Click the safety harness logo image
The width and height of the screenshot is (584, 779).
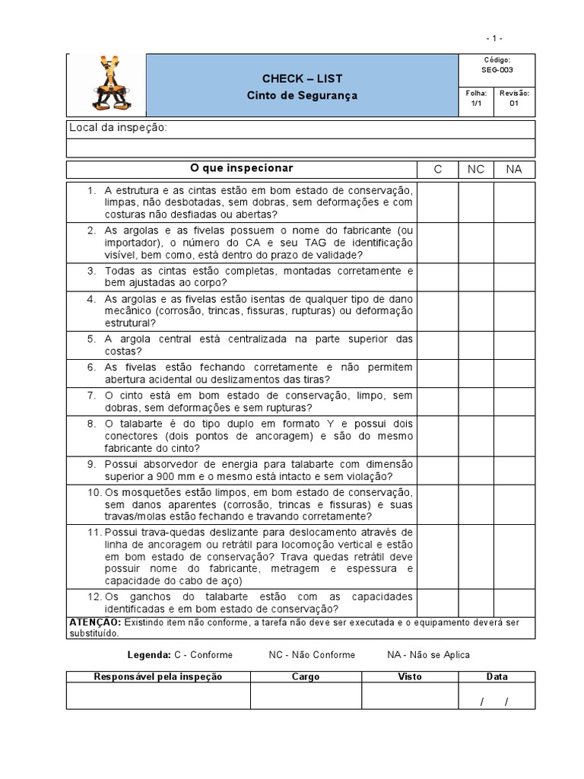pos(106,85)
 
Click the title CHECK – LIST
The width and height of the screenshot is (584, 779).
pos(302,78)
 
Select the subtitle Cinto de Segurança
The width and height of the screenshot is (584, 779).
pos(302,96)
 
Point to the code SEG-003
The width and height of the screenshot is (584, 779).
pos(497,69)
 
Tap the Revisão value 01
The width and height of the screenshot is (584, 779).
pos(514,103)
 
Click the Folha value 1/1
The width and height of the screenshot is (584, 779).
pos(476,103)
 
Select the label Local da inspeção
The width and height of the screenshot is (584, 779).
pos(118,127)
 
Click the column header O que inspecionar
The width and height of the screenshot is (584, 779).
pos(241,168)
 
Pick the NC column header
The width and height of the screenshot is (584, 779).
pos(475,169)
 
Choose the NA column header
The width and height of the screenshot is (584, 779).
pos(514,169)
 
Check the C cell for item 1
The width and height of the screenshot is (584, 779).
pos(436,202)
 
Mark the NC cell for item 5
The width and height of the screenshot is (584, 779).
pos(475,345)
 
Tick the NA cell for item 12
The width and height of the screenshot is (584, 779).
pos(514,603)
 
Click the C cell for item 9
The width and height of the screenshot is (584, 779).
pos(436,470)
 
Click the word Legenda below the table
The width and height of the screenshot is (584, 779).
pos(149,654)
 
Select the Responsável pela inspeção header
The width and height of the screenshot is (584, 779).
pos(157,676)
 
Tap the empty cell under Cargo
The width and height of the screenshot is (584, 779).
pos(306,695)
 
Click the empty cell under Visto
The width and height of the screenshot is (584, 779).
pos(409,695)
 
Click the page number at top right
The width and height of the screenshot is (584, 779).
pos(494,38)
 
